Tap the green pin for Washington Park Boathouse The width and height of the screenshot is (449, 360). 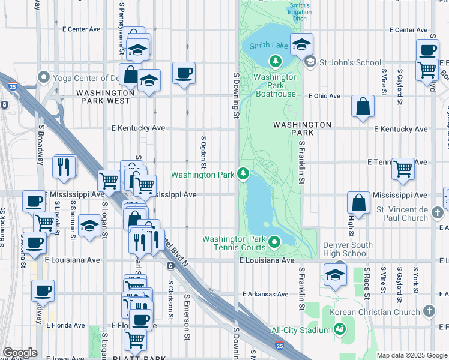[276, 61]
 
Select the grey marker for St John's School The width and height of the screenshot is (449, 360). [310, 62]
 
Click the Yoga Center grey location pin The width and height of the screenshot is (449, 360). [43, 77]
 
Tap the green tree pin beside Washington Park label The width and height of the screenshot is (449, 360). [243, 174]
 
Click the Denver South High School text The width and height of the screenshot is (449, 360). [348, 249]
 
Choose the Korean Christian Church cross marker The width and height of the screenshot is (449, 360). [428, 311]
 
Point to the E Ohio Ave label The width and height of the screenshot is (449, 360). [324, 96]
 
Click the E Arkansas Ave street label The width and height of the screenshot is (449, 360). [265, 295]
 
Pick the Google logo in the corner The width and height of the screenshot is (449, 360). [20, 353]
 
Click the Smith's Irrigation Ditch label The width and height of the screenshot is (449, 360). [300, 11]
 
